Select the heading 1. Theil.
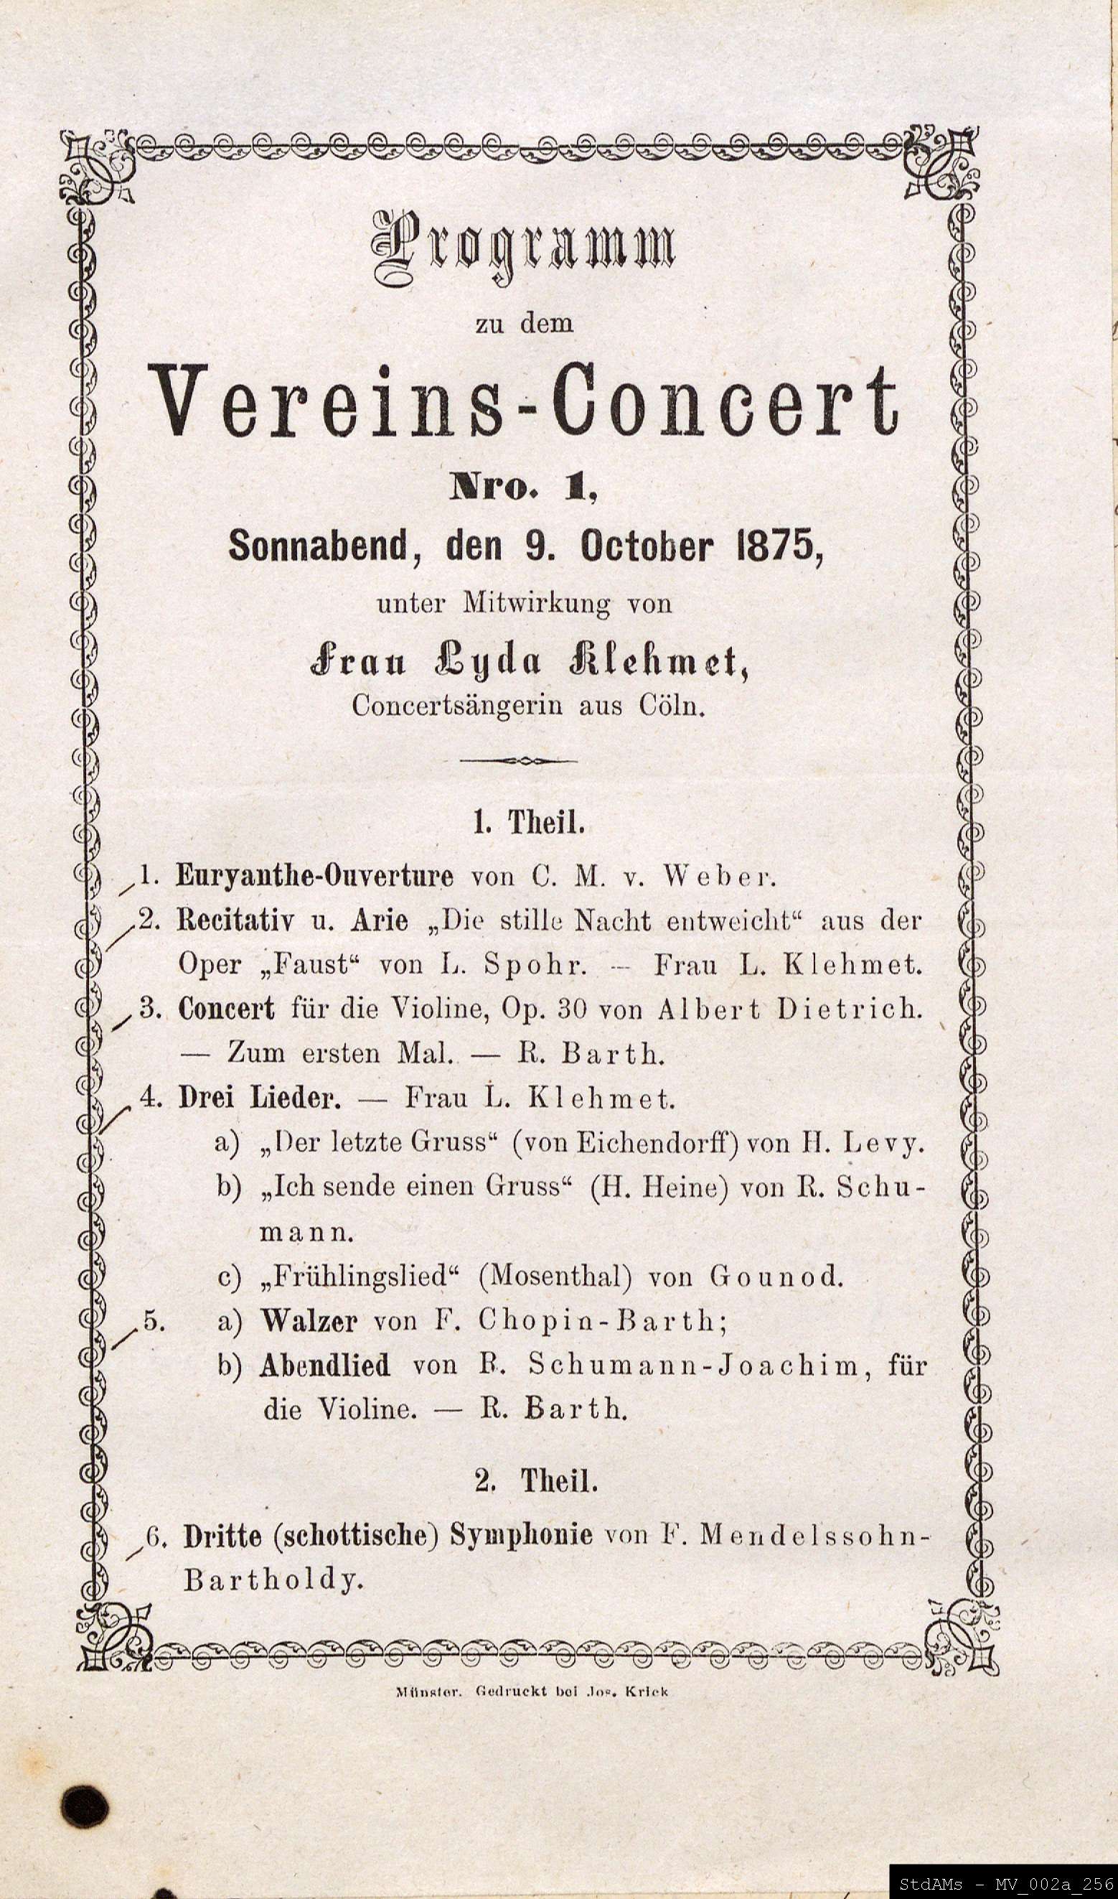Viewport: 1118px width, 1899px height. point(529,822)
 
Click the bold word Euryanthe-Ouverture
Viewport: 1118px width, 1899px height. point(315,877)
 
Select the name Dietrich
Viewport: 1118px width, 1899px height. point(849,1009)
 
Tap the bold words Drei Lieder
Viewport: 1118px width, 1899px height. point(259,1098)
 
